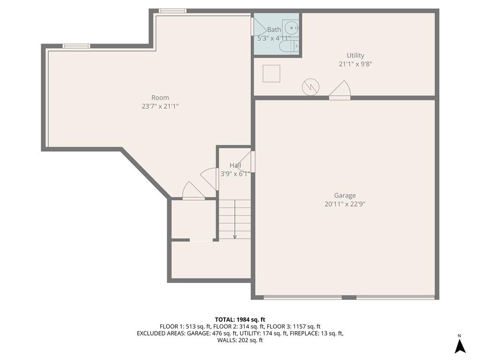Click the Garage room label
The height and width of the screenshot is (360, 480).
point(345,195)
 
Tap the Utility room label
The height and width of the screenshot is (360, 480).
point(355,55)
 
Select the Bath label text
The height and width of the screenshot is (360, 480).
point(274,30)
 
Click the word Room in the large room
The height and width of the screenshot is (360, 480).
point(160,97)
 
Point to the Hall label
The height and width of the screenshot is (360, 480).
point(235,165)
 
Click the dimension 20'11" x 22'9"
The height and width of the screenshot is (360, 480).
point(345,204)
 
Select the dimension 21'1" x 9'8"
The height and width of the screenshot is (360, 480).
point(355,64)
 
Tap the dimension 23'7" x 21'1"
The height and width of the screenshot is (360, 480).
point(160,106)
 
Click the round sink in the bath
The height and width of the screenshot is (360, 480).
point(290,28)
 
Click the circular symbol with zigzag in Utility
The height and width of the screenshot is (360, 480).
point(310,87)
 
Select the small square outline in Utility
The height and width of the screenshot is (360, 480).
point(271,74)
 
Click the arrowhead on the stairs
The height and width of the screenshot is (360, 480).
point(235,236)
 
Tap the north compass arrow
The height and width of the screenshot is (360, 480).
point(460,346)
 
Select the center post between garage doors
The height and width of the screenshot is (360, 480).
point(349,297)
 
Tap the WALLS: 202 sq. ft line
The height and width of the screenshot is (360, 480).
point(240,340)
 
